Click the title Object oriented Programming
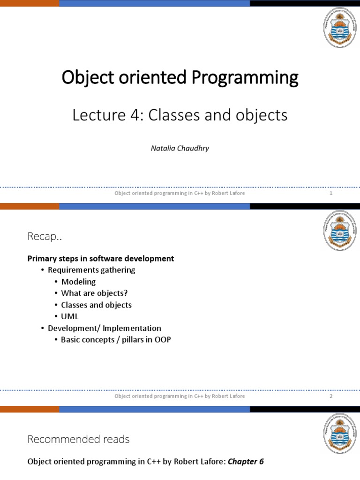click(x=180, y=78)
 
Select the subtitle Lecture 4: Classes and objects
click(x=180, y=115)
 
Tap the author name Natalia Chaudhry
click(x=180, y=148)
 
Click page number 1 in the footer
click(x=331, y=193)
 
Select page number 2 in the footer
click(x=331, y=396)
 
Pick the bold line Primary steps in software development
click(x=101, y=259)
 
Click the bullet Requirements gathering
click(x=91, y=270)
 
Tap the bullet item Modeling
click(x=78, y=282)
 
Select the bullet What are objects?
click(x=94, y=293)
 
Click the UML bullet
click(x=70, y=316)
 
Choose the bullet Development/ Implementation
click(x=105, y=328)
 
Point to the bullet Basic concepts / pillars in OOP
click(x=116, y=339)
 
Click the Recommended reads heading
click(x=78, y=440)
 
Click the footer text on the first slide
click(x=180, y=193)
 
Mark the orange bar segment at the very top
click(x=30, y=3)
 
